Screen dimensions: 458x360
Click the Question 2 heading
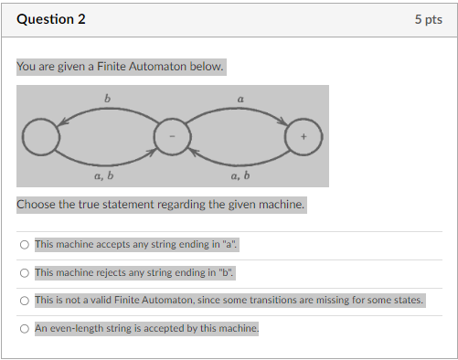click(x=51, y=19)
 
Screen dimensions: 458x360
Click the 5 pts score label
click(x=428, y=19)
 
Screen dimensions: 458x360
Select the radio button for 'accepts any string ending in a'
click(x=24, y=245)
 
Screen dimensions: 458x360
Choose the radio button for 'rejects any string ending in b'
click(x=24, y=272)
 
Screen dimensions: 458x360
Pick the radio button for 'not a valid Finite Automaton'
click(x=24, y=300)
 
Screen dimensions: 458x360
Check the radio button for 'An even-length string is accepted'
click(x=24, y=327)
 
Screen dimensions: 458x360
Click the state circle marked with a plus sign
click(x=304, y=137)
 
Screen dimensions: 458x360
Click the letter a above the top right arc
click(x=240, y=96)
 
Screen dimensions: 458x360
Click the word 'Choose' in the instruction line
click(x=37, y=204)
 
